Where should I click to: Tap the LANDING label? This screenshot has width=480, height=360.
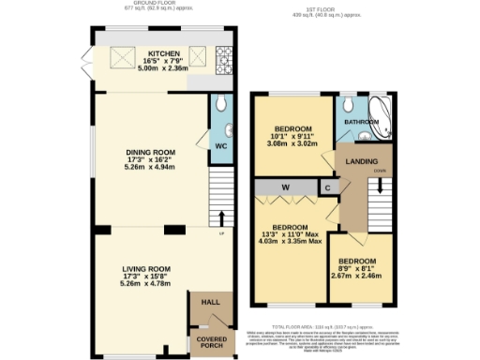coord(362,161)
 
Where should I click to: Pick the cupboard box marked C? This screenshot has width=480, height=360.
coord(326,187)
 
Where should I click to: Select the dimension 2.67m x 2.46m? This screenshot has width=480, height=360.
coord(360,275)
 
